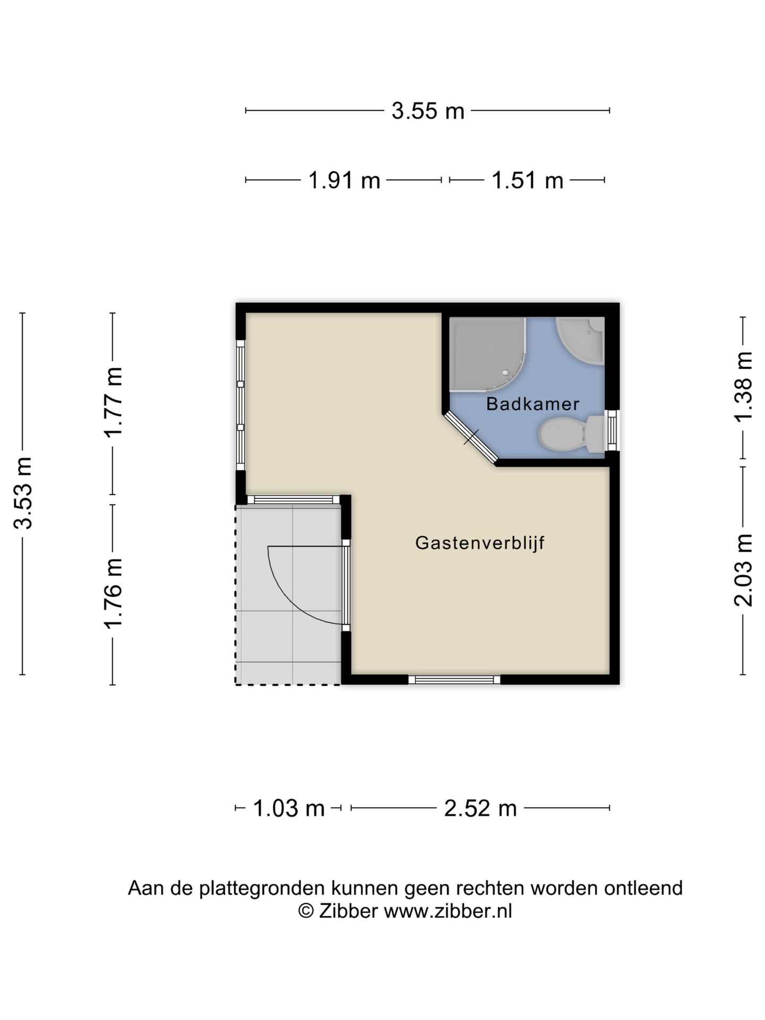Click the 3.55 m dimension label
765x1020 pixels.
(x=428, y=111)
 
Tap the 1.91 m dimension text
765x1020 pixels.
(x=344, y=181)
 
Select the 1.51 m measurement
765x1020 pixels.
(x=527, y=181)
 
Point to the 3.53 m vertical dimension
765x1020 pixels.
(x=23, y=492)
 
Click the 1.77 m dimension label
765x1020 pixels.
(x=113, y=402)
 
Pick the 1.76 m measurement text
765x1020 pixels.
(x=113, y=593)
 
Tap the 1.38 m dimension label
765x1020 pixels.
(x=743, y=386)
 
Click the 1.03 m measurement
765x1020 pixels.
(x=288, y=808)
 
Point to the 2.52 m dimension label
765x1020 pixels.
(x=480, y=808)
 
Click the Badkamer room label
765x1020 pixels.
(x=532, y=404)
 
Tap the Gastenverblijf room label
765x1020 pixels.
(x=480, y=543)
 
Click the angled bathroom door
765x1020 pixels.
(x=471, y=437)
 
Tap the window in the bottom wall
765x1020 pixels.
(x=454, y=679)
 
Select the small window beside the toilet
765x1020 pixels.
(x=614, y=430)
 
